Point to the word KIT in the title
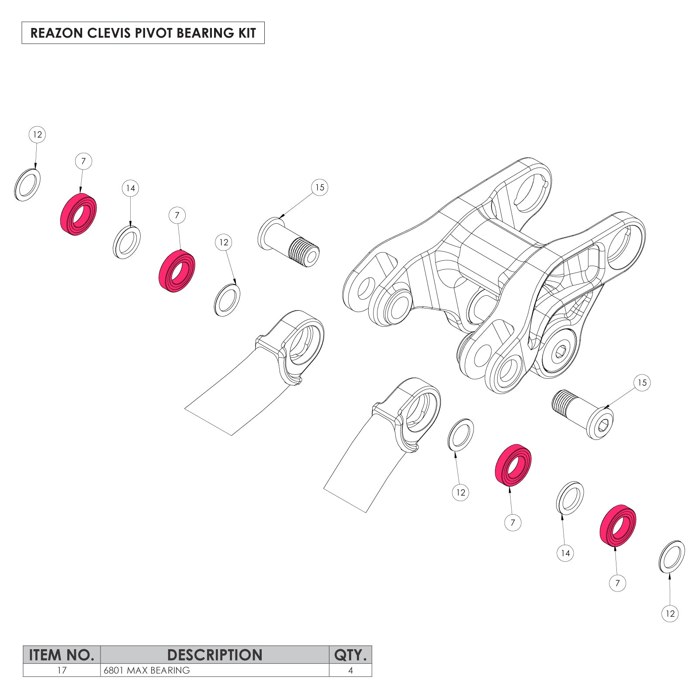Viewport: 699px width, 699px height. (247, 33)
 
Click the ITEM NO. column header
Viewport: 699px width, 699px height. (62, 655)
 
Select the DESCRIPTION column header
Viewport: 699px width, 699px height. (215, 655)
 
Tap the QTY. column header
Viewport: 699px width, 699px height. (350, 655)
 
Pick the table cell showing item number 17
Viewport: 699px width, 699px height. (62, 670)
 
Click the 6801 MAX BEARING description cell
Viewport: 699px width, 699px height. (147, 670)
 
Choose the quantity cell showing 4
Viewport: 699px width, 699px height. (350, 670)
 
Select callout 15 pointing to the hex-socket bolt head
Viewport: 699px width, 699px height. (642, 383)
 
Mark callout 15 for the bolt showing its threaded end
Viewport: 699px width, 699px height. (320, 187)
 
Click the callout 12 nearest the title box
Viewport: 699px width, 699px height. (37, 135)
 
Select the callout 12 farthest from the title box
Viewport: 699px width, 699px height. (670, 613)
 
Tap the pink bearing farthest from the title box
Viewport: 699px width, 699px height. (618, 525)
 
